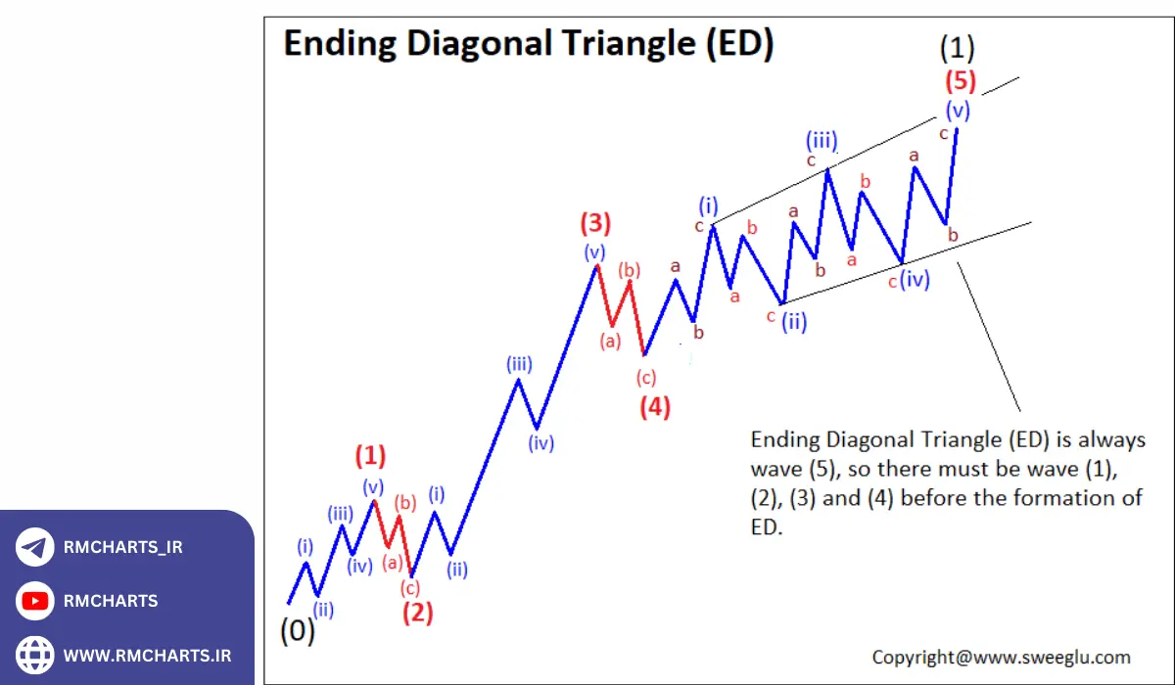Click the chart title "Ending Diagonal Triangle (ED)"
tap(529, 44)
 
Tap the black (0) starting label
tap(298, 631)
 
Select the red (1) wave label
tap(370, 456)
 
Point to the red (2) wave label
tap(418, 614)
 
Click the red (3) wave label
tap(595, 223)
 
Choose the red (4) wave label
tap(655, 407)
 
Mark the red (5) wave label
tap(960, 80)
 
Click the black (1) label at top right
tap(957, 47)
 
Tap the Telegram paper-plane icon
tap(35, 547)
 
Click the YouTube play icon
tap(35, 601)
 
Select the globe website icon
tap(35, 654)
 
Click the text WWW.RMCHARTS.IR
tap(148, 655)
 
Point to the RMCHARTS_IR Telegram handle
tap(122, 547)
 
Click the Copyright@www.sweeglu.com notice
tap(1001, 658)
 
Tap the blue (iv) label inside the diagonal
tap(915, 281)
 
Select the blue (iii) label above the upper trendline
tap(822, 141)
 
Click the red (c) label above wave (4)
tap(645, 378)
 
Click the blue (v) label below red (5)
tap(958, 109)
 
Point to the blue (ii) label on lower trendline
tap(794, 322)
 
